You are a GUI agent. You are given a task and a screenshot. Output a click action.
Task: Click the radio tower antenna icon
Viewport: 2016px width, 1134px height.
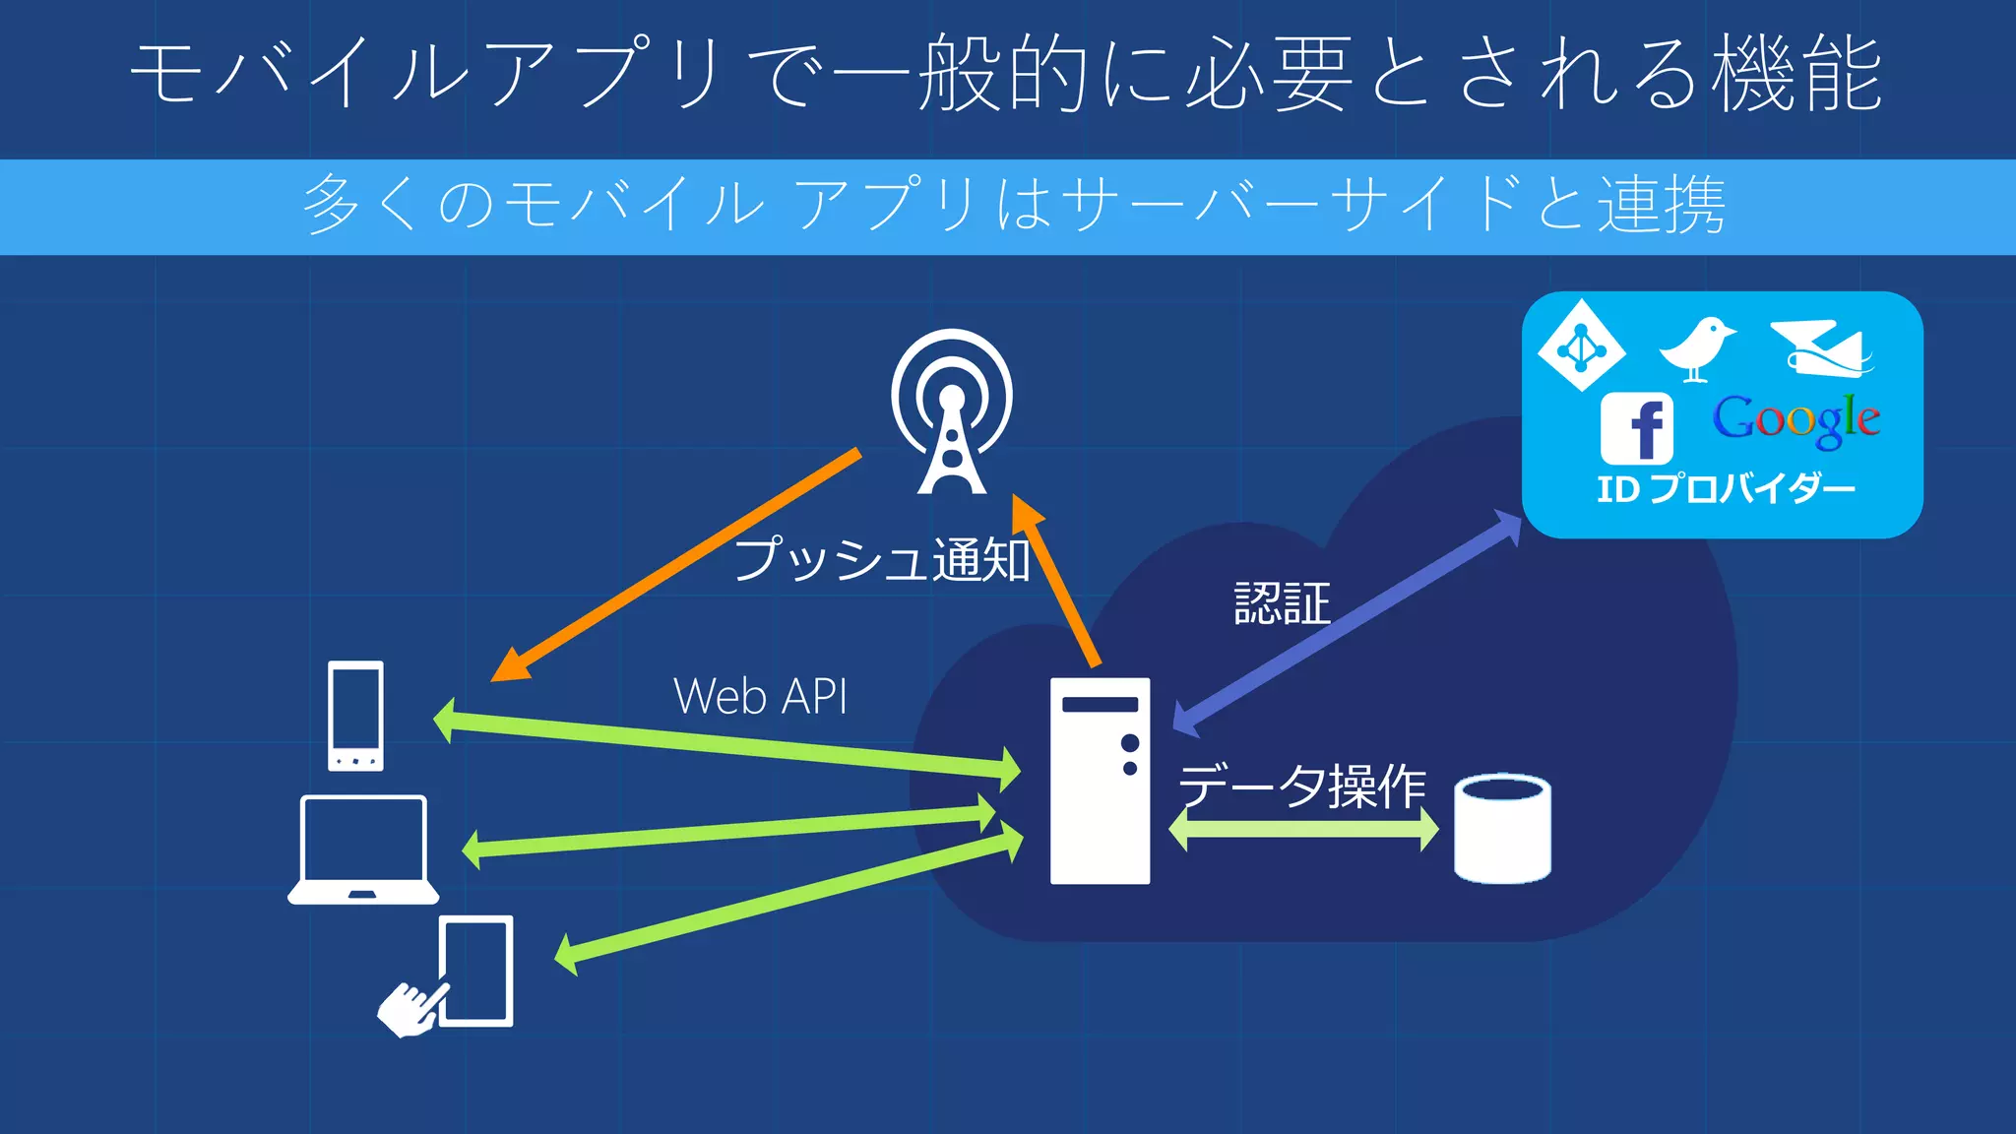click(952, 413)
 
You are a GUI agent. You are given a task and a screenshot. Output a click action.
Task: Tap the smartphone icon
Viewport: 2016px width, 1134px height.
click(355, 716)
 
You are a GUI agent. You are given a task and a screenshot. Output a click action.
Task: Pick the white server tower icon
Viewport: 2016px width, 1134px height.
click(1100, 781)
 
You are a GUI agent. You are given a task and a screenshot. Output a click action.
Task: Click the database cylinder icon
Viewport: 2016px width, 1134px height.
click(1502, 829)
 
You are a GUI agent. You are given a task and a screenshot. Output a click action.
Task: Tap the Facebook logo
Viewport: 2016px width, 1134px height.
click(1636, 428)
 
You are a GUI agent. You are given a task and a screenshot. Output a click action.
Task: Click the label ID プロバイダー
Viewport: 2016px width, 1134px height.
click(1725, 489)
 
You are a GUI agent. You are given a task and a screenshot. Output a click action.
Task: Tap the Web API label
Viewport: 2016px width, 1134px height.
click(760, 697)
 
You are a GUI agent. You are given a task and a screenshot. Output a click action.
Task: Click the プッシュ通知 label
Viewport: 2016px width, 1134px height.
click(881, 559)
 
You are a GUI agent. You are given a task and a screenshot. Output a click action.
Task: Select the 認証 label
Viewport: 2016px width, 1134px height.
click(1282, 603)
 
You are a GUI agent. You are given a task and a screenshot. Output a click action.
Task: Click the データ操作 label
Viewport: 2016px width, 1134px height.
click(1301, 787)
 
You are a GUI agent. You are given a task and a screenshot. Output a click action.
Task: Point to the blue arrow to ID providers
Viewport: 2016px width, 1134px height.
click(1349, 622)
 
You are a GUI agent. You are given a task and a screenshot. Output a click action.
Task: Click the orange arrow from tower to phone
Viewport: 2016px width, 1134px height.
click(679, 564)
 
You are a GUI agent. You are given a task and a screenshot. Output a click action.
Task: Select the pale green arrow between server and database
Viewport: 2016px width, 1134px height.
click(1303, 830)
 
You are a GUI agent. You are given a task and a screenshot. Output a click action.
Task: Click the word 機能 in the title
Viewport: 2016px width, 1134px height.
click(1796, 74)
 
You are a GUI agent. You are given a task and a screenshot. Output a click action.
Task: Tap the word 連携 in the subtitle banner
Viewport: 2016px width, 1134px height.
click(1661, 205)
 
